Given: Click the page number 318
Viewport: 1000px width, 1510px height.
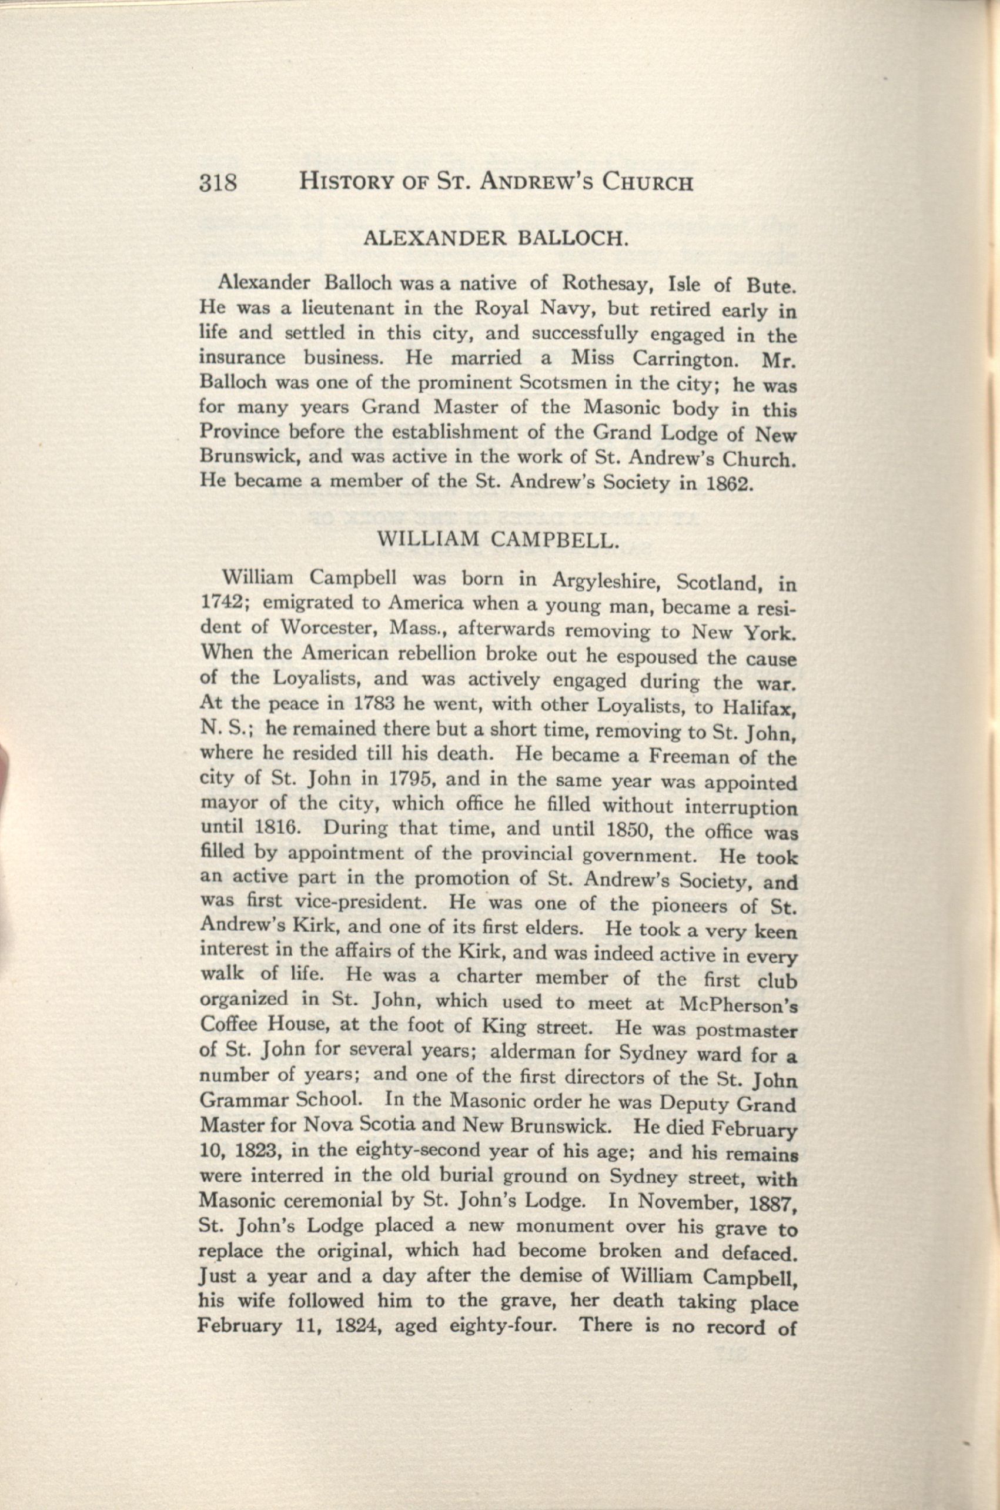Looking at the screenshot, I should (218, 183).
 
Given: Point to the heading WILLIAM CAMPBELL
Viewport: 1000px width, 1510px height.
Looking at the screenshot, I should (499, 539).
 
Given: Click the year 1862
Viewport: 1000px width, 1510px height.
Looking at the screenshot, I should (727, 483).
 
